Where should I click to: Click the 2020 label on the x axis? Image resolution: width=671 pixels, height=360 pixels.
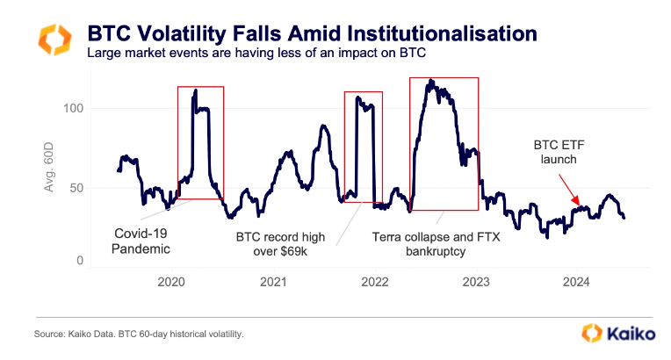[x=171, y=282]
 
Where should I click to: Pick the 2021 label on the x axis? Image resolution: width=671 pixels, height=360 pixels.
[x=273, y=282]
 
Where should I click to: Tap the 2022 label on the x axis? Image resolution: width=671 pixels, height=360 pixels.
[x=375, y=282]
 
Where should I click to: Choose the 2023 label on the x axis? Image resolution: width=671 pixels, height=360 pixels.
[x=476, y=282]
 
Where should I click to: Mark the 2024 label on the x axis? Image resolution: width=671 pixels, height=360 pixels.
[x=578, y=282]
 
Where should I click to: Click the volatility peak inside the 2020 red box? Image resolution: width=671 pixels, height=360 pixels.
[x=195, y=90]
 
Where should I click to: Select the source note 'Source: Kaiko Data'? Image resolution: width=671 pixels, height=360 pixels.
[x=139, y=335]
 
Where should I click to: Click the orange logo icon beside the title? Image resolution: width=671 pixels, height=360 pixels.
[x=54, y=40]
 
